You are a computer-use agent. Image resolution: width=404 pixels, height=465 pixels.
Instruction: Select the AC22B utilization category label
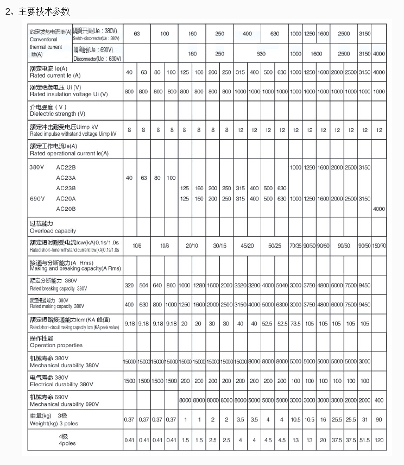66,167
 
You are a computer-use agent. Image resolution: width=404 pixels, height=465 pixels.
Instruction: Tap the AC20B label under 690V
66,209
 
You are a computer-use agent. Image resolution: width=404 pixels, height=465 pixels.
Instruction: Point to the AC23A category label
66,178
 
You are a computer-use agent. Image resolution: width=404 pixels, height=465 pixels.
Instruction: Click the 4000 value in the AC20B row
379,209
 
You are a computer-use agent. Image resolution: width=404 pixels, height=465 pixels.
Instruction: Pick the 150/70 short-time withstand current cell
379,246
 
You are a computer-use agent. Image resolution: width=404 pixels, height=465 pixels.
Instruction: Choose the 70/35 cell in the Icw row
295,246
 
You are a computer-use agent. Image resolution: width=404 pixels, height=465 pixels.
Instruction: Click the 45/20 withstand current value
247,246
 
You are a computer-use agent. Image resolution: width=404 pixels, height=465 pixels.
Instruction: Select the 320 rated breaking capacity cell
129,285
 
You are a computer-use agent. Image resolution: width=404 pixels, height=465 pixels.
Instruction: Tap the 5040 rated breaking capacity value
282,285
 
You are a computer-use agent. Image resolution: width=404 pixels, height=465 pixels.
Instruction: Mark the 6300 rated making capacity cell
282,304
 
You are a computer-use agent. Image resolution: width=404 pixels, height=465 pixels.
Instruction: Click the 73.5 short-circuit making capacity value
295,323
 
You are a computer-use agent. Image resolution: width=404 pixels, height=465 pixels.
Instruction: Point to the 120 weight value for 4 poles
379,439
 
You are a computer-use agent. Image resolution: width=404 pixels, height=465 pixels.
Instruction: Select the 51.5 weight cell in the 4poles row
365,439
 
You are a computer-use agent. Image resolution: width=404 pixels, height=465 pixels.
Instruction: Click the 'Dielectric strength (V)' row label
57,110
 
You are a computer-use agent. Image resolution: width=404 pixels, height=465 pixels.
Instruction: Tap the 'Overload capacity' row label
53,227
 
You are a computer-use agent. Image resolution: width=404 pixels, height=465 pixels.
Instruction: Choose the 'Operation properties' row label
56,342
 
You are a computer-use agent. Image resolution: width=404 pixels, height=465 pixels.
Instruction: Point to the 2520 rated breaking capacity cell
240,285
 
